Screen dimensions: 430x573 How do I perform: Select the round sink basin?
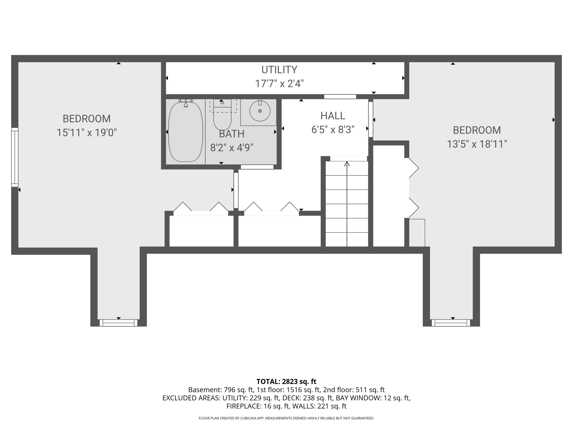260,111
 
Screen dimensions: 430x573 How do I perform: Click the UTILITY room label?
279,70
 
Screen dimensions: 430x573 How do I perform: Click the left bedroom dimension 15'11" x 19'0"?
87,133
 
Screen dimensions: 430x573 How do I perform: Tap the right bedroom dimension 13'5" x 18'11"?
477,144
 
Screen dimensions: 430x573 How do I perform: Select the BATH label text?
231,134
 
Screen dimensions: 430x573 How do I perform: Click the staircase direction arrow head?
347,164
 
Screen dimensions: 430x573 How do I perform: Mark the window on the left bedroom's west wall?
15,157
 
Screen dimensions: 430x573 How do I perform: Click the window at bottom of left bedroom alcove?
118,323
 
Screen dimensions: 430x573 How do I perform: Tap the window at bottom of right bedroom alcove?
451,323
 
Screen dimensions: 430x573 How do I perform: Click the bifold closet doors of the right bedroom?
414,188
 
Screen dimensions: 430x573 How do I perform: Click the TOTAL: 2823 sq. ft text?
286,381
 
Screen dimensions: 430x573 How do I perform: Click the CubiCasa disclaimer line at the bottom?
286,418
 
